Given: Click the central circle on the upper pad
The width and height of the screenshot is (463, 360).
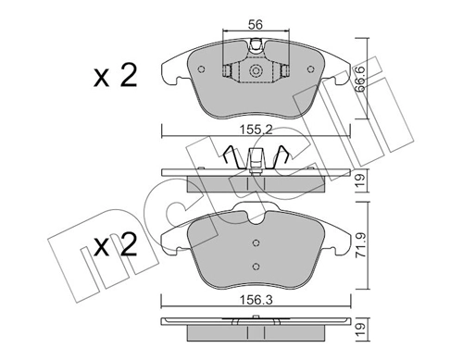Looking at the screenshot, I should tap(254, 70).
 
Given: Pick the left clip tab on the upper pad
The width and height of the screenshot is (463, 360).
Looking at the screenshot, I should tap(228, 70).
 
